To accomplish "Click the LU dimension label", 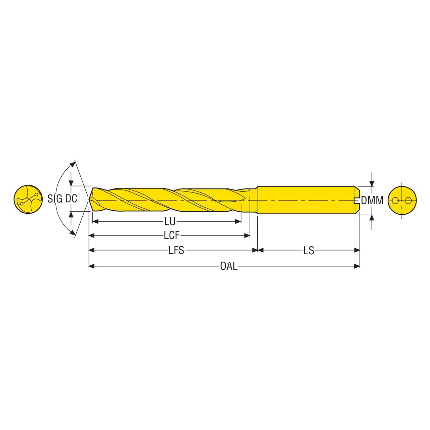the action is [170, 222].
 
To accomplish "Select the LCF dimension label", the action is [172, 235].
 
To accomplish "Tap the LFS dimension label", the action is [176, 250].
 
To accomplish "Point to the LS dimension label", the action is [309, 250].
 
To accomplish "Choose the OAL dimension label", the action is [229, 266].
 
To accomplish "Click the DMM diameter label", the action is [372, 200].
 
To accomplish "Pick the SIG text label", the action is [55, 199].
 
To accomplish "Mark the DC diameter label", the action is [71, 199].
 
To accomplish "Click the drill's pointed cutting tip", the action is [89, 200].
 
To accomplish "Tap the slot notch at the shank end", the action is [357, 200].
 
